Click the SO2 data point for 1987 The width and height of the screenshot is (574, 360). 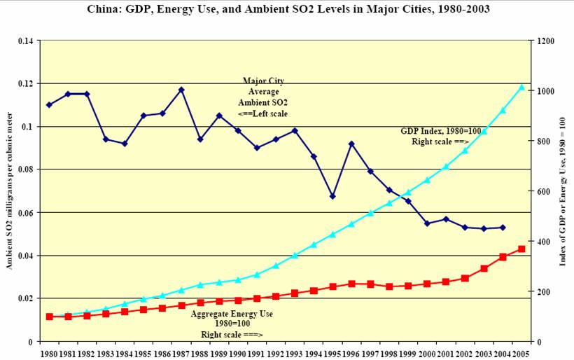(x=181, y=90)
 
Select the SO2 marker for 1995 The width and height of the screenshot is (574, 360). (x=332, y=196)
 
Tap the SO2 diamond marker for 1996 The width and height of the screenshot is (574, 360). (x=351, y=144)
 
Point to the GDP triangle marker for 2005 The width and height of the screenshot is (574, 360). (x=521, y=87)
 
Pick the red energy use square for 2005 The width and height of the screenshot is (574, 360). (x=521, y=249)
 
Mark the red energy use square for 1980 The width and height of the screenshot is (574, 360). (x=49, y=317)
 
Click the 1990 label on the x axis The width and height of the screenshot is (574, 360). (x=238, y=354)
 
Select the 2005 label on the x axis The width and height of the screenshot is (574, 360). (x=521, y=354)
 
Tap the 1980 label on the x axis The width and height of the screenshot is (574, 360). (x=49, y=354)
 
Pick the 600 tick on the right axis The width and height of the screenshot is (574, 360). (x=543, y=191)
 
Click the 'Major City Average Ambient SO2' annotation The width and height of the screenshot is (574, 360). (x=263, y=97)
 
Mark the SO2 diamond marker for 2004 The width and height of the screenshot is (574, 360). (x=503, y=228)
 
